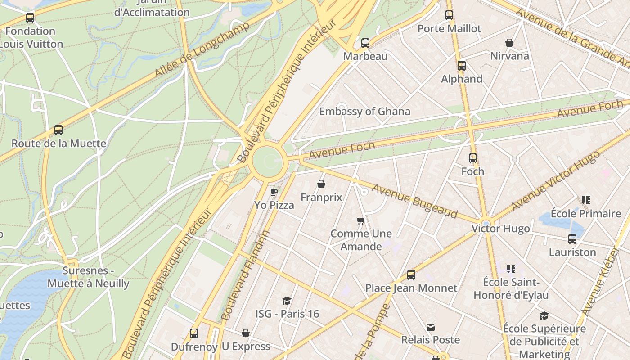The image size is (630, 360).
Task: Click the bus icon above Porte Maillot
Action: tap(449, 15)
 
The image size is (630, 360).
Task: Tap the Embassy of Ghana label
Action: tap(364, 111)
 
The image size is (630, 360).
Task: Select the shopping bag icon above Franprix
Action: tap(321, 184)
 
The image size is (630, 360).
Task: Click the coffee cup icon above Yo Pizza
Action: tap(274, 192)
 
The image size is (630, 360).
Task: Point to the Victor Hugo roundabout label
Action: tap(500, 229)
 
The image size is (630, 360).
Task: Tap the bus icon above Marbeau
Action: tap(365, 43)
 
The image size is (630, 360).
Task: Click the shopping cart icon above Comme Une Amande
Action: tap(360, 220)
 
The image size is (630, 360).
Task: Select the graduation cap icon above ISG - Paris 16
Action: tap(287, 301)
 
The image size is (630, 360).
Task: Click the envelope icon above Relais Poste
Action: tap(431, 327)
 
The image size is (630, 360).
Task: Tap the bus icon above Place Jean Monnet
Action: tap(411, 275)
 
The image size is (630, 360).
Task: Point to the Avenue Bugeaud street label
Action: tap(414, 201)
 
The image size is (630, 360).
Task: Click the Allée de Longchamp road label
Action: tap(202, 49)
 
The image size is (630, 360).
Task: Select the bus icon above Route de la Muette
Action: tap(58, 130)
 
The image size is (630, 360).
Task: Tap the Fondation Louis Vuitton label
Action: tap(31, 37)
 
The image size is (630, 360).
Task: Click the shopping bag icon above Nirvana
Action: tap(509, 43)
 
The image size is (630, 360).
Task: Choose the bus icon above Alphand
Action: tap(461, 66)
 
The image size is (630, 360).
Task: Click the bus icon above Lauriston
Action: tap(572, 239)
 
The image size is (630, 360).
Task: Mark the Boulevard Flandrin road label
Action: tap(247, 275)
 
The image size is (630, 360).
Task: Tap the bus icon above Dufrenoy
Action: tap(193, 333)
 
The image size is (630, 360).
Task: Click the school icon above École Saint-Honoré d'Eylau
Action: tap(511, 269)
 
